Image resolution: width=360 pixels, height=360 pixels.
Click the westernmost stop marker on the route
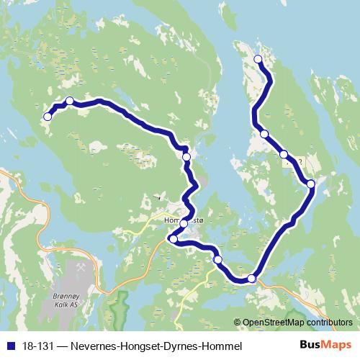tap(48, 117)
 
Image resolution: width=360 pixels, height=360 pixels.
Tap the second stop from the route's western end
tap(69, 102)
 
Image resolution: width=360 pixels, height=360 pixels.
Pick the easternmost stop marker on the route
tap(311, 184)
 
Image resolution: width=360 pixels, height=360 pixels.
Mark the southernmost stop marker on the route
tap(252, 278)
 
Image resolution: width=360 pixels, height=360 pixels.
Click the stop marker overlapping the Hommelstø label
tap(184, 223)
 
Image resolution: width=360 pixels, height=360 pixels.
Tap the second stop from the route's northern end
tap(264, 134)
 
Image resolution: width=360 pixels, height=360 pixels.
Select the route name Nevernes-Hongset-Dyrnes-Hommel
tap(153, 346)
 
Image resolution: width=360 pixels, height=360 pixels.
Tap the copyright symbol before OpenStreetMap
tap(237, 323)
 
